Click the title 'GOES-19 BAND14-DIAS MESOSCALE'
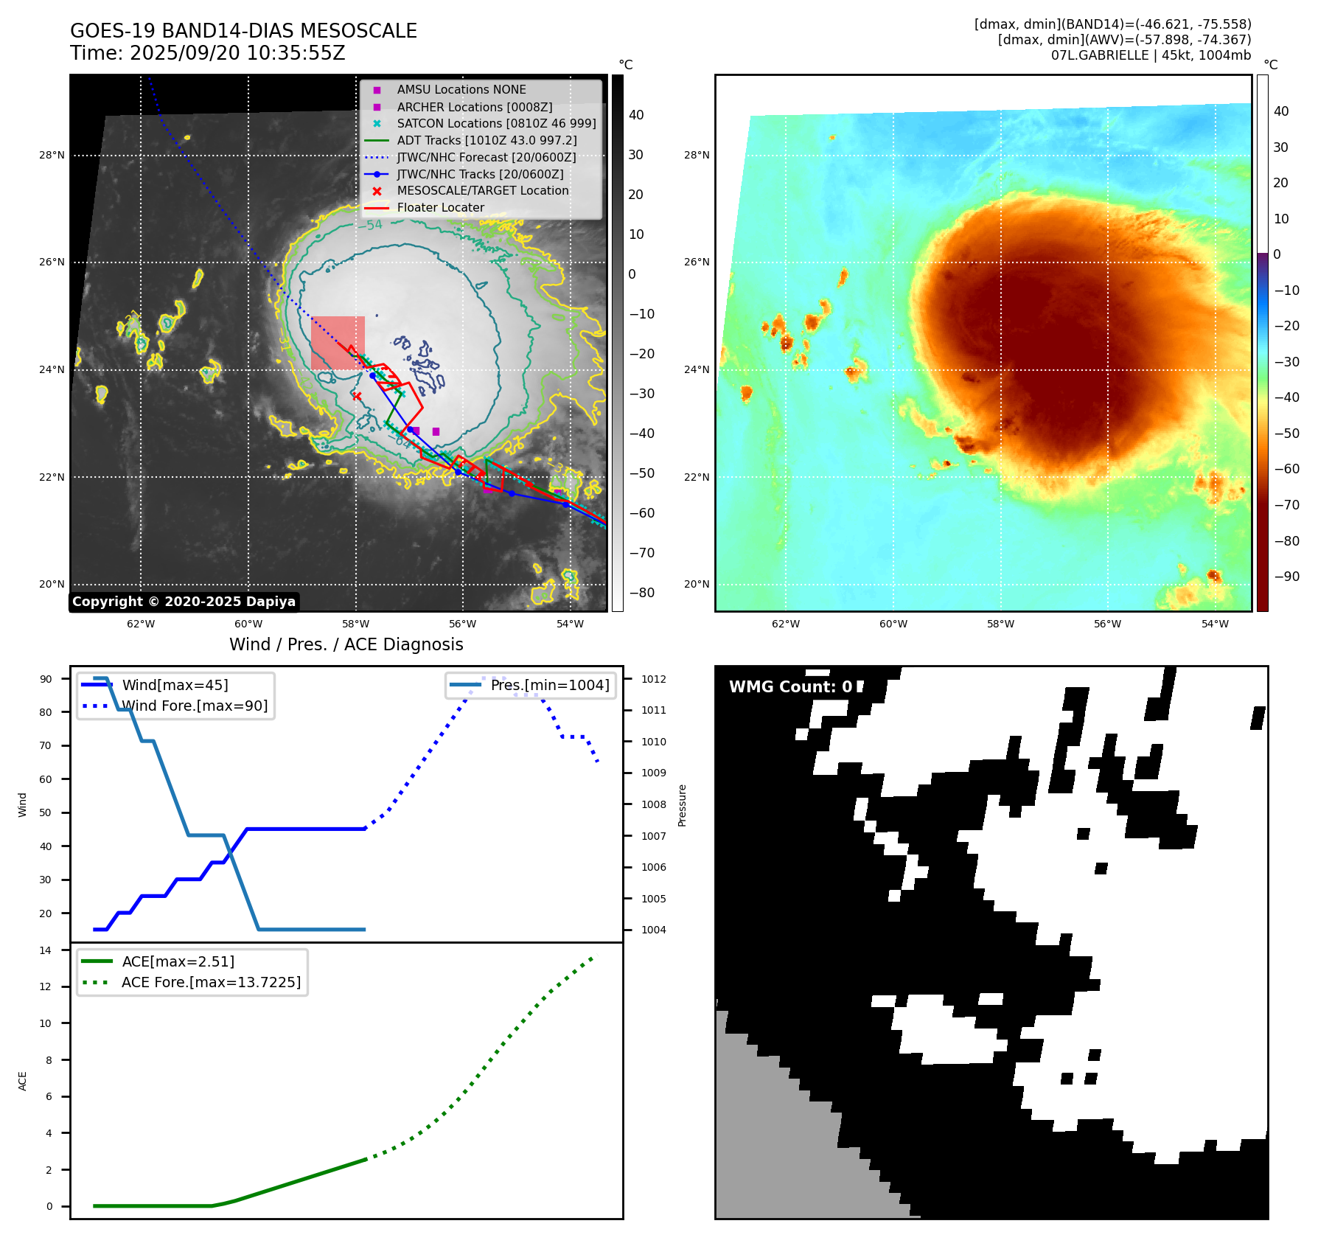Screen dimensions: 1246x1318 click(x=243, y=31)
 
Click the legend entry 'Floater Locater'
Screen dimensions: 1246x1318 click(x=440, y=208)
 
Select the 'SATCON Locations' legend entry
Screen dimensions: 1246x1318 click(x=496, y=124)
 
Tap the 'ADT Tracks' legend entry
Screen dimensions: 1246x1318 click(x=487, y=140)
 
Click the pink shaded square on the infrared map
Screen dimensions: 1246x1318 click(x=338, y=343)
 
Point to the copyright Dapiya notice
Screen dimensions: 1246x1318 click(x=184, y=602)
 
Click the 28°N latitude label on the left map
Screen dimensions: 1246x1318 click(x=52, y=155)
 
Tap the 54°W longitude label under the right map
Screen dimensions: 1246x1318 click(x=1215, y=624)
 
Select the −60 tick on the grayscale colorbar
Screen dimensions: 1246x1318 click(x=641, y=513)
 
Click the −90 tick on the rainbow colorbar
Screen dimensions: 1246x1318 click(x=1286, y=577)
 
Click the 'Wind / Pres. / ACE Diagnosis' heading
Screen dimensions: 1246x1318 click(x=346, y=644)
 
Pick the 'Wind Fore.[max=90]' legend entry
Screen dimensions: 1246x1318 click(x=195, y=706)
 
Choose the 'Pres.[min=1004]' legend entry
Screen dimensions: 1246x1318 click(x=550, y=685)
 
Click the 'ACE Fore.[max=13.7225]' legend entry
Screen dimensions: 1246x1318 click(x=211, y=983)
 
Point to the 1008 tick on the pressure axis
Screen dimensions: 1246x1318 click(x=653, y=804)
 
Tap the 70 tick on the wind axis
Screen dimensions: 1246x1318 click(x=46, y=745)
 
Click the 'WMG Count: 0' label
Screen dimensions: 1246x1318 click(x=790, y=687)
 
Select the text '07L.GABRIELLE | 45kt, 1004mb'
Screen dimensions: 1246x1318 click(x=1151, y=55)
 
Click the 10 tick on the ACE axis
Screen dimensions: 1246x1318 click(x=46, y=1023)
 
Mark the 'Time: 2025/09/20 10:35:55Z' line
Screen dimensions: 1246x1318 click(x=207, y=53)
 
